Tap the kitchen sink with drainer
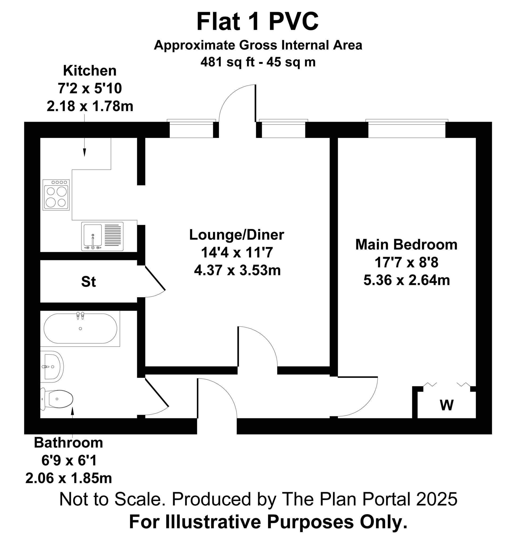(x=102, y=236)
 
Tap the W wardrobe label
(x=446, y=405)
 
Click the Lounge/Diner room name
(x=237, y=235)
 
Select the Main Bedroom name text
(x=406, y=244)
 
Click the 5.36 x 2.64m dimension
(x=407, y=280)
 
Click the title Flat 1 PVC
(x=257, y=22)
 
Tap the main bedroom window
(x=407, y=129)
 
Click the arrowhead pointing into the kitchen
(x=84, y=152)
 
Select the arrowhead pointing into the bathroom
(x=73, y=411)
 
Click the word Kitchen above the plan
(x=90, y=71)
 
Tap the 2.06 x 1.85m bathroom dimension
(x=69, y=478)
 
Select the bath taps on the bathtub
(x=80, y=315)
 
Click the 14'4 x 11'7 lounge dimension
(x=237, y=252)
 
